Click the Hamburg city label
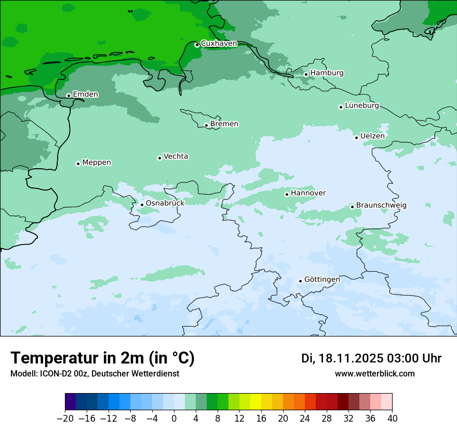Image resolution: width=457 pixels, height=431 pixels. pyautogui.click(x=327, y=73)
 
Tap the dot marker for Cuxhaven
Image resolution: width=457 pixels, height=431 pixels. pyautogui.click(x=197, y=45)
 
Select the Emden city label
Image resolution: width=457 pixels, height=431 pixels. pyautogui.click(x=85, y=95)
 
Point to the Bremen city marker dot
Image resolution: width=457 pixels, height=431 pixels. pyautogui.click(x=206, y=125)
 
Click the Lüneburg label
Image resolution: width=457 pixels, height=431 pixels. pyautogui.click(x=361, y=106)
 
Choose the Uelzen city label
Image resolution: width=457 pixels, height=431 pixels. pyautogui.click(x=372, y=136)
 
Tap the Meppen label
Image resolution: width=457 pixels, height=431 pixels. pyautogui.click(x=97, y=163)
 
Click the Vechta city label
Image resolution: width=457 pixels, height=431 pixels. pyautogui.click(x=176, y=156)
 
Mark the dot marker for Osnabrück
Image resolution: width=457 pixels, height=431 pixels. pyautogui.click(x=142, y=205)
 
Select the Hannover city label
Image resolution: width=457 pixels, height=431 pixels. pyautogui.click(x=308, y=193)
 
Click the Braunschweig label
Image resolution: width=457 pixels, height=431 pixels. pyautogui.click(x=381, y=206)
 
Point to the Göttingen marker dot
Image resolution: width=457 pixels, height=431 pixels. pyautogui.click(x=300, y=281)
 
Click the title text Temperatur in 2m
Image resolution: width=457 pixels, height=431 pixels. pyautogui.click(x=102, y=358)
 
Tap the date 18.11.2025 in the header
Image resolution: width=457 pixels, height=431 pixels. pyautogui.click(x=350, y=358)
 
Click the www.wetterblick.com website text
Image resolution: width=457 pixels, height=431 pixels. pyautogui.click(x=374, y=373)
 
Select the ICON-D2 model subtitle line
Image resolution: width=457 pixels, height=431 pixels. pyautogui.click(x=95, y=373)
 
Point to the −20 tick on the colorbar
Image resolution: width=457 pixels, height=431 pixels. pyautogui.click(x=65, y=419)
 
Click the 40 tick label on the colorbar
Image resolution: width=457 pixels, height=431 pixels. pyautogui.click(x=392, y=419)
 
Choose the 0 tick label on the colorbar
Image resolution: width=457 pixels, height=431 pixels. pyautogui.click(x=174, y=419)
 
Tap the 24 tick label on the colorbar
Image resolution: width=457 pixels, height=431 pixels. pyautogui.click(x=305, y=419)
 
